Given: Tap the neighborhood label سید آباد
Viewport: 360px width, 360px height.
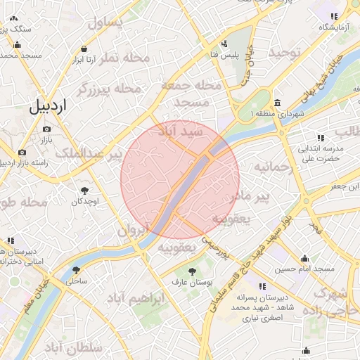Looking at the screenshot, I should coord(181,131).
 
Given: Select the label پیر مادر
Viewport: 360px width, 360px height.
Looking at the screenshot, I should coord(252,194).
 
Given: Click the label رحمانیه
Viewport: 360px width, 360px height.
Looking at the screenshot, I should coord(271,167).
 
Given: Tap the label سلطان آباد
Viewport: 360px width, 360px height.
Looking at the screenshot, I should coord(83,348).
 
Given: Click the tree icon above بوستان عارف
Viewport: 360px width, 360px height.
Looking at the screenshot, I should coord(191,271).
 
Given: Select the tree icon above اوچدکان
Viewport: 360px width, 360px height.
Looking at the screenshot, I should coord(85,191).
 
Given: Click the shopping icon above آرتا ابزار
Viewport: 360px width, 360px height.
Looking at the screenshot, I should coord(84,49).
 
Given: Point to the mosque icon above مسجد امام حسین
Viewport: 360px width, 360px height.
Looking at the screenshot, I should coord(304,258).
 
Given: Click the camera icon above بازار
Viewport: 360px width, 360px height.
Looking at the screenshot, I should coord(46,129).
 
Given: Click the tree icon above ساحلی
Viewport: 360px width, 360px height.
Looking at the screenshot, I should coord(75,269).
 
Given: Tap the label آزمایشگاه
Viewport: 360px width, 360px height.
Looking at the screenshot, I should coord(334,27).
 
